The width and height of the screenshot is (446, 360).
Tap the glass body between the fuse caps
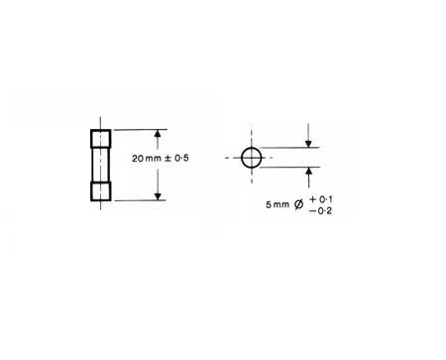[x=101, y=165]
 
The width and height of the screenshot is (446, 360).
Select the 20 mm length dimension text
[x=147, y=159]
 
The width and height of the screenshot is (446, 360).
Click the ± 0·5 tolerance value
[x=176, y=159]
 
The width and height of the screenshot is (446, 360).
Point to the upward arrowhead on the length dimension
[x=158, y=133]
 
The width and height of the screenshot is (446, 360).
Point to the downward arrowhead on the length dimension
[x=158, y=196]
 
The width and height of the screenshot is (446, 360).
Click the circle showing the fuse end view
[x=242, y=158]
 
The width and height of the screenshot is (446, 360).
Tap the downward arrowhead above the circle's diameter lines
[x=308, y=144]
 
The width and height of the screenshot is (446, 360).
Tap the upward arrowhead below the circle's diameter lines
[x=309, y=171]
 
